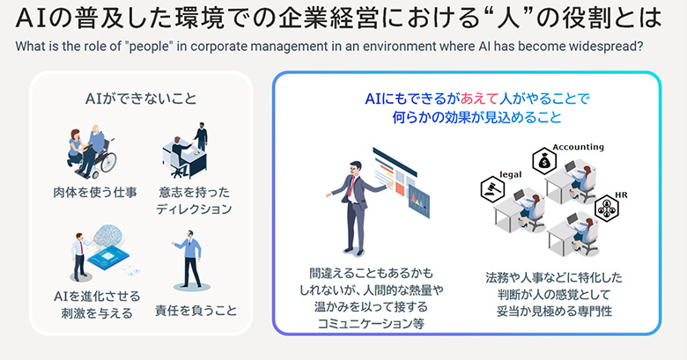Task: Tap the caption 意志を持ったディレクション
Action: click(x=195, y=200)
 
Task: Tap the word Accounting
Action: click(x=578, y=146)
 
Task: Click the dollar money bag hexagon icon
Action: click(x=546, y=162)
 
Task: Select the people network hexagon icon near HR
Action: click(x=608, y=208)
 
